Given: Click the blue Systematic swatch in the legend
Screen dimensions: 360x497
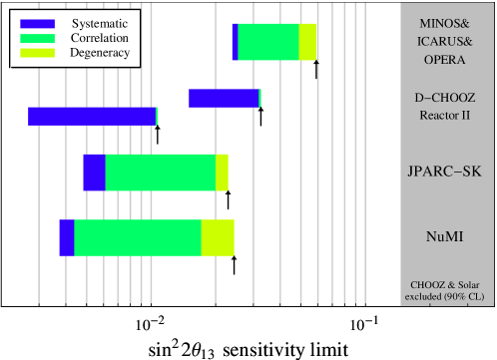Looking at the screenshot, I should point(37,22).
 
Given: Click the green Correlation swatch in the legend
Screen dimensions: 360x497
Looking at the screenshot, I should point(37,37).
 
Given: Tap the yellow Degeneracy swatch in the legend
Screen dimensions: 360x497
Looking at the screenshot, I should point(37,52).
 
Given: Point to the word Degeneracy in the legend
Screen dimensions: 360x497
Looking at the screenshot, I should point(100,52).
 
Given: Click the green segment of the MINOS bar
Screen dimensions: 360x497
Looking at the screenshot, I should point(268,42).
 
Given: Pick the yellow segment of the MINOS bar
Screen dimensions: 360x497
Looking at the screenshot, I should point(308,42).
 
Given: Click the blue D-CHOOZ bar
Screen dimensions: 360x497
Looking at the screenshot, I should point(224,98).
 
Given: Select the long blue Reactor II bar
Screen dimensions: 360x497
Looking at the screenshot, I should point(92,116).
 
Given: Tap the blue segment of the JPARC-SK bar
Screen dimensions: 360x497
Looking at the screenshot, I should point(94,172).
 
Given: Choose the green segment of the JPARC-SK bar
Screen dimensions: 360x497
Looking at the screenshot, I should point(160,172).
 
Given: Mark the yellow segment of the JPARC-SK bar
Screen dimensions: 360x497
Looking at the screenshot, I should point(222,172).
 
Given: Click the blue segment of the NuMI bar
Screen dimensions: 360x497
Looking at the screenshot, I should point(66,238).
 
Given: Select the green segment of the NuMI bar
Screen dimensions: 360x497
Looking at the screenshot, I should point(138,238).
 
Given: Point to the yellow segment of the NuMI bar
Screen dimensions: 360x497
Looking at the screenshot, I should point(218,238).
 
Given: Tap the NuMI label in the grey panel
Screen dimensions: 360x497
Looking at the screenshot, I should point(444,236).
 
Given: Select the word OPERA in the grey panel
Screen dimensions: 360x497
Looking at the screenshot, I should point(444,60).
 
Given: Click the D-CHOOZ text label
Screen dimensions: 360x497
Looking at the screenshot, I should point(444,99).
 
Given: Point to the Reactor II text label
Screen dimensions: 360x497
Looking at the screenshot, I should point(444,115).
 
